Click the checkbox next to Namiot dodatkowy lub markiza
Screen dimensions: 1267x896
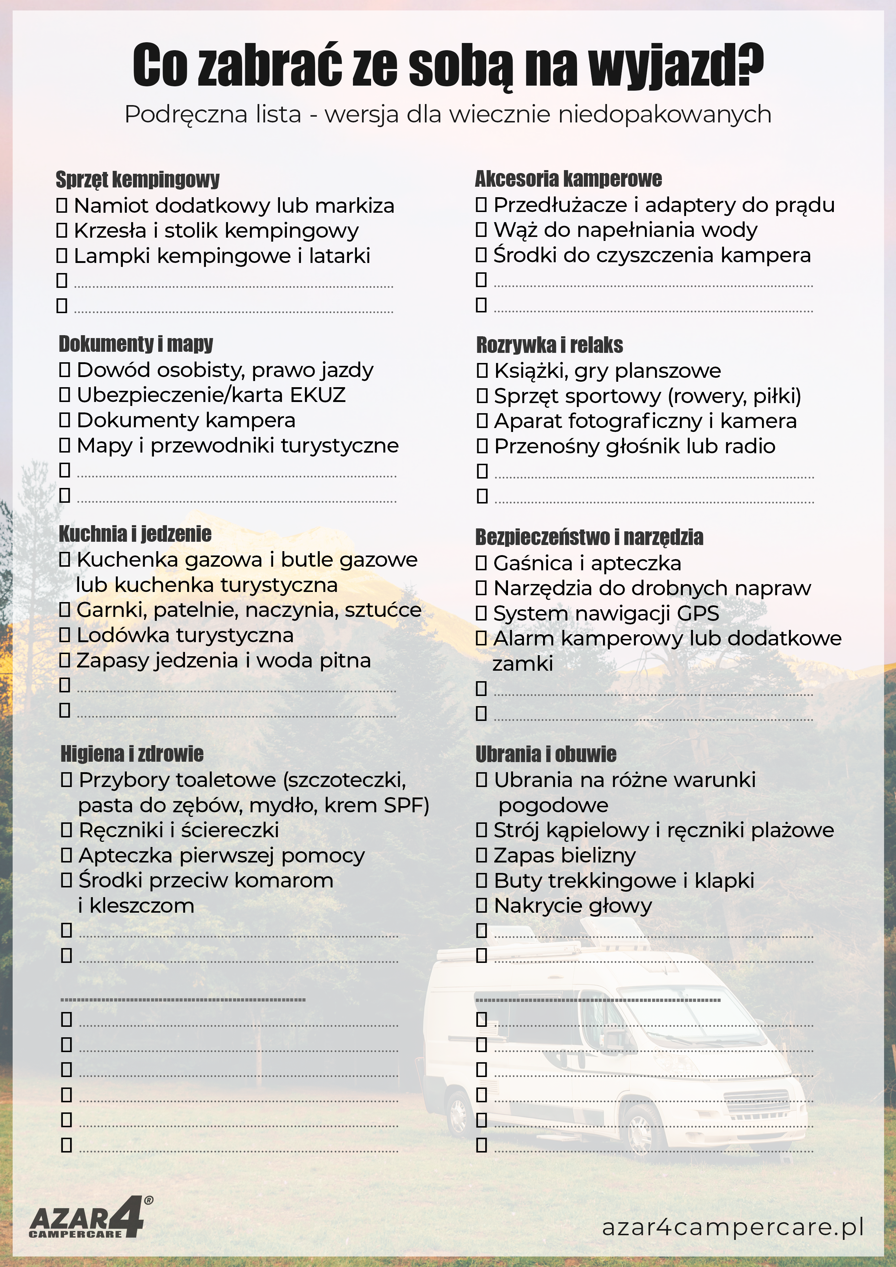click(62, 206)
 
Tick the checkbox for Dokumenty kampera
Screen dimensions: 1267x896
click(65, 420)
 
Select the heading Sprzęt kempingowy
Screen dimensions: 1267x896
click(137, 180)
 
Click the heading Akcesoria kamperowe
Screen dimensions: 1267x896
click(568, 179)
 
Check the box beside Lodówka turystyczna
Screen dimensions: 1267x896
click(65, 635)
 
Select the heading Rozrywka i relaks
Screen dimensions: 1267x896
click(549, 345)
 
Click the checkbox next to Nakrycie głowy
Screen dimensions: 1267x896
click(481, 905)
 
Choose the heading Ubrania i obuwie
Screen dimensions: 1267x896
click(546, 754)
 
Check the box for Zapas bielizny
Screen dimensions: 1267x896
click(481, 855)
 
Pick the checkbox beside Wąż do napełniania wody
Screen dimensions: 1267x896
click(481, 230)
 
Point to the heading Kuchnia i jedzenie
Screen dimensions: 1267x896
click(135, 533)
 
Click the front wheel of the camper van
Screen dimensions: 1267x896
click(641, 1131)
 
